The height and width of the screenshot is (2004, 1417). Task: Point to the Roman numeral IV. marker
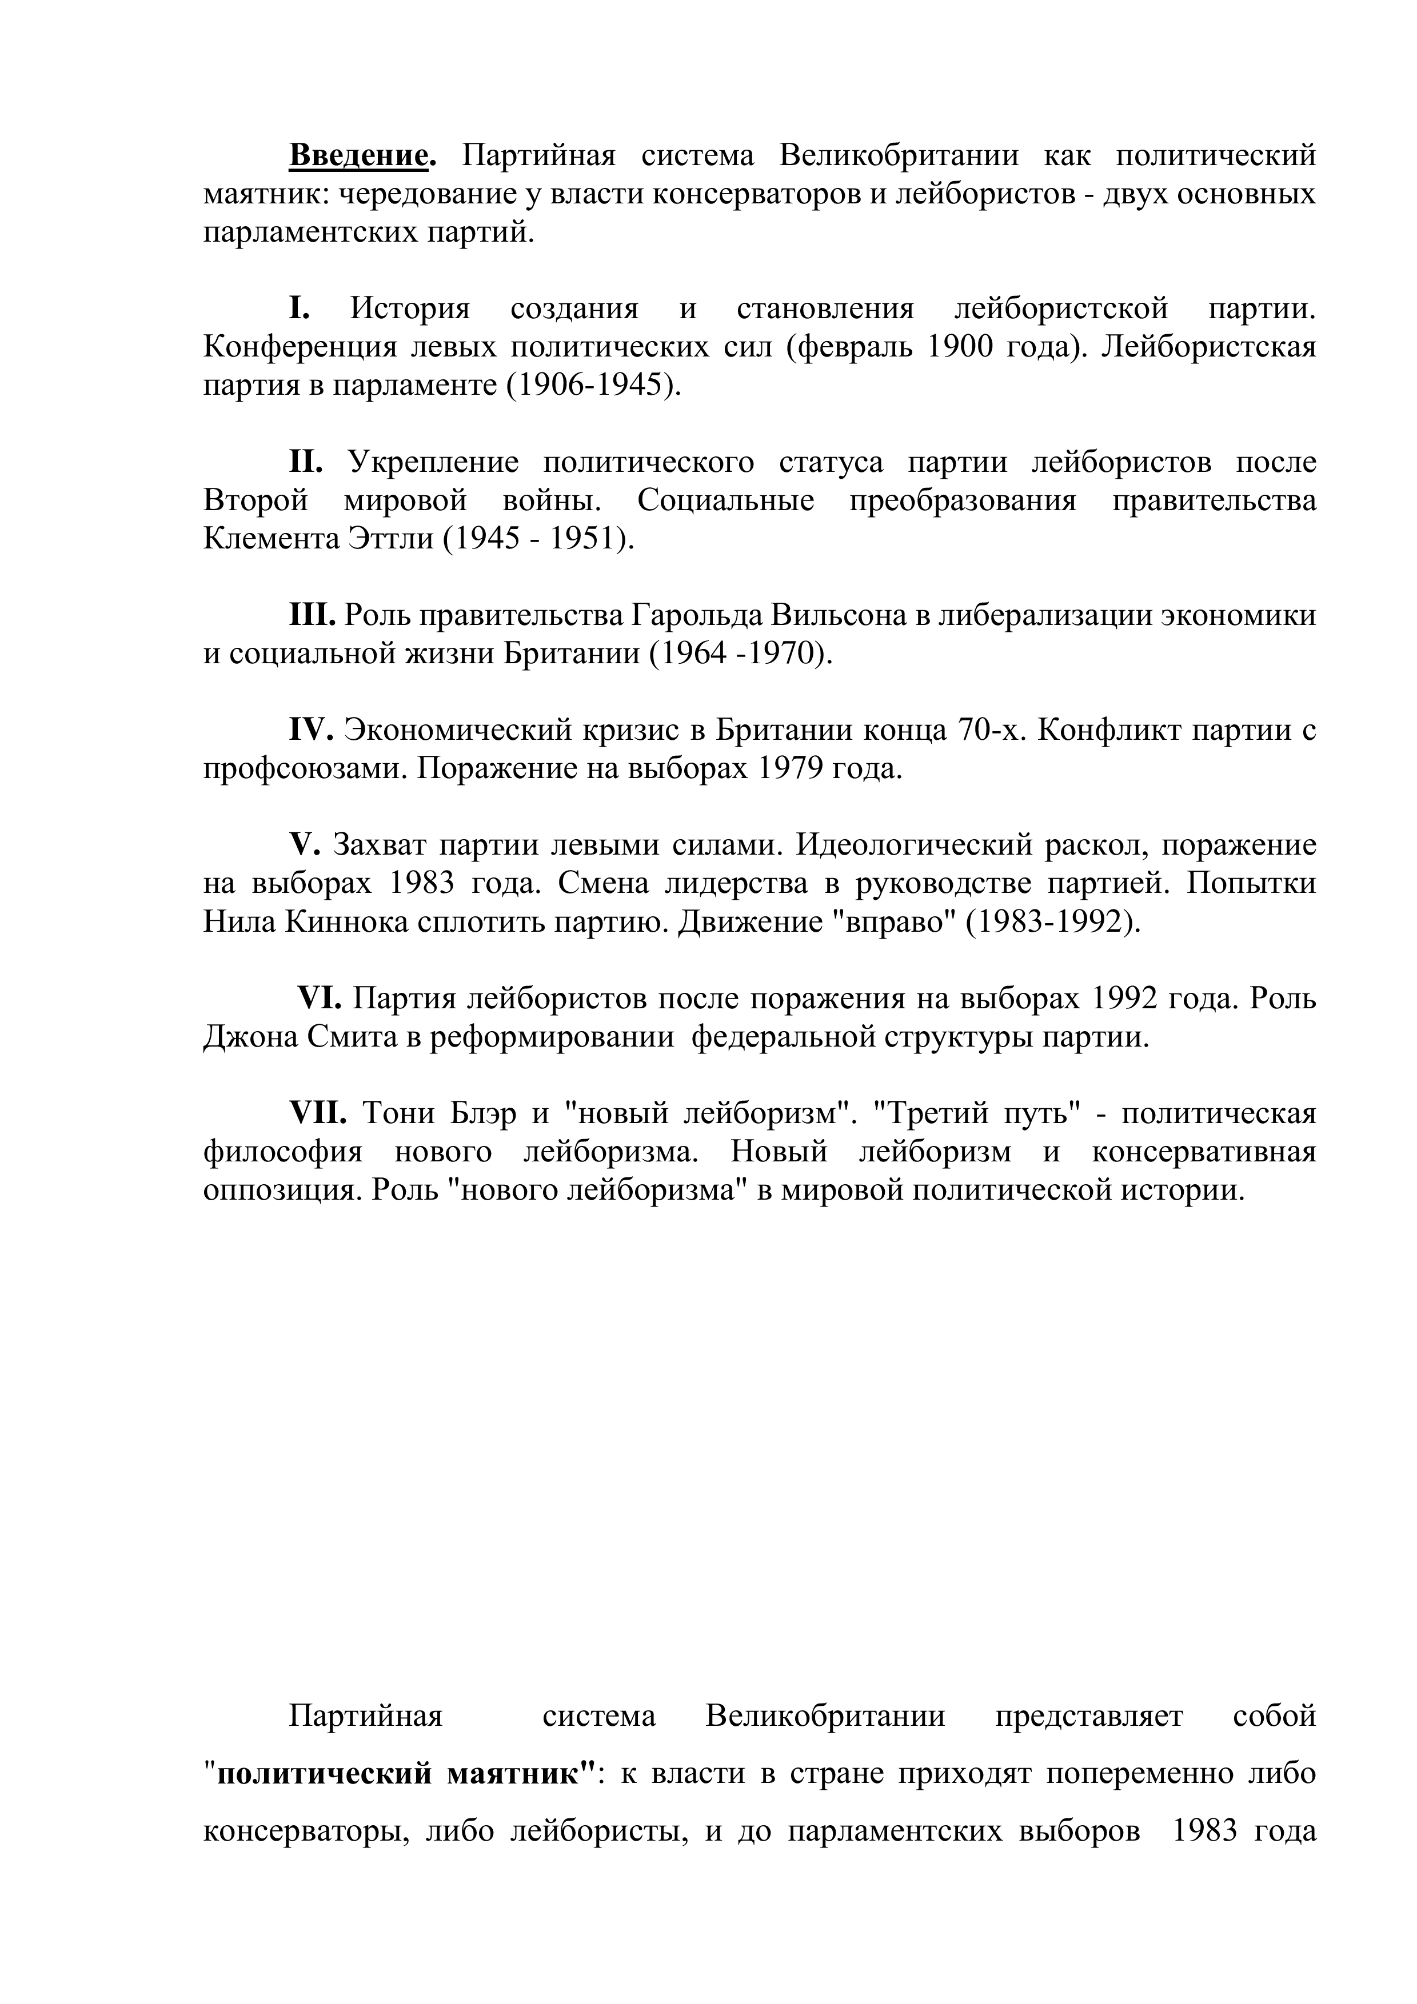[312, 730]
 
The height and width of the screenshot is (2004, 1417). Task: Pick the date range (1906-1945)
[593, 386]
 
